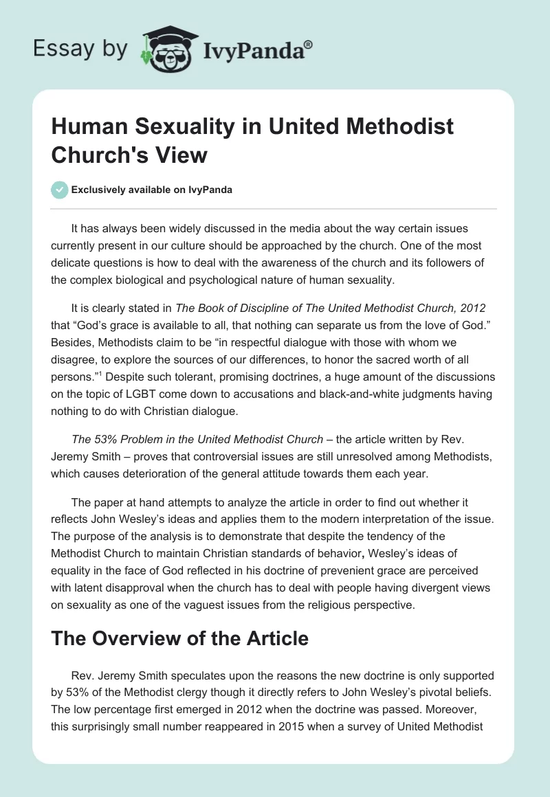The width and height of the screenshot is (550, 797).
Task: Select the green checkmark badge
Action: [x=60, y=190]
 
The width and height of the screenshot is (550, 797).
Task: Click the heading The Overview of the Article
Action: [x=179, y=638]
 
